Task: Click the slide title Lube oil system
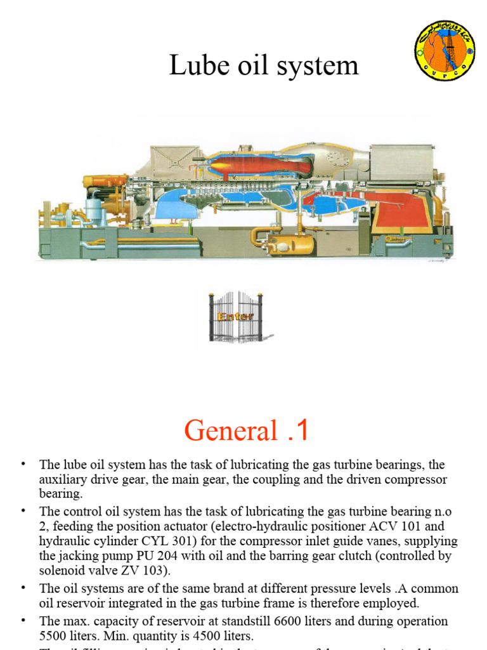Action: point(263,65)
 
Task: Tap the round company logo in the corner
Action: point(445,50)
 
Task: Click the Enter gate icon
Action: point(235,316)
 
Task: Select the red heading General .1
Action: point(247,431)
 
